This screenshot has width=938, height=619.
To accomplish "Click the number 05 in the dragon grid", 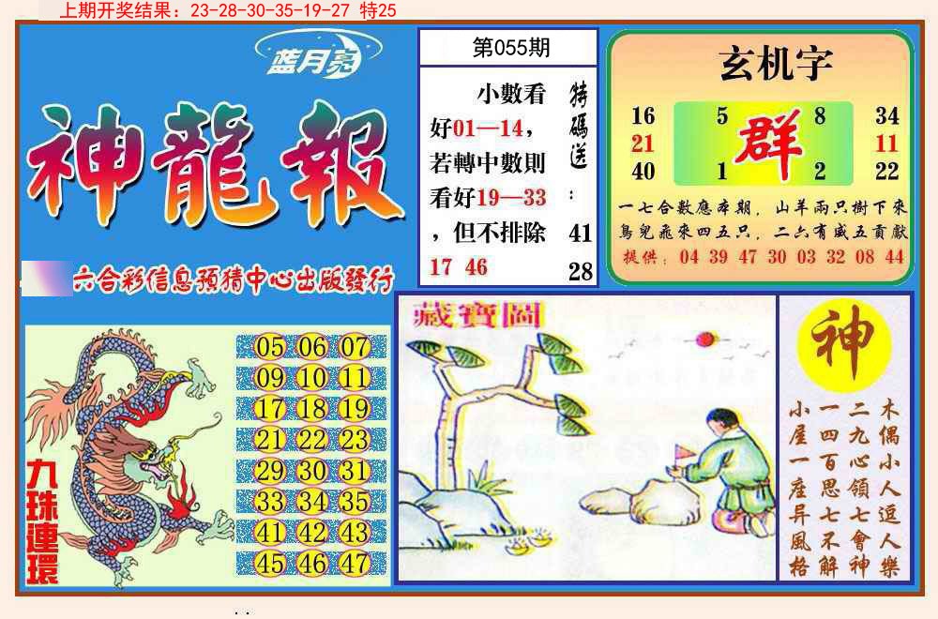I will click(x=269, y=348).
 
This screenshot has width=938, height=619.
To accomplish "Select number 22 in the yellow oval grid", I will click(x=312, y=440).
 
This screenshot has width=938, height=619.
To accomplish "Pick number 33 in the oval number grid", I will click(x=269, y=502).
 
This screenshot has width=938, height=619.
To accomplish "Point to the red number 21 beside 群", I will click(x=643, y=143).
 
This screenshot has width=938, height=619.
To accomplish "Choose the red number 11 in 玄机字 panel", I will click(x=886, y=143).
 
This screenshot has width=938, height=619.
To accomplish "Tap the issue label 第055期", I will click(x=510, y=48).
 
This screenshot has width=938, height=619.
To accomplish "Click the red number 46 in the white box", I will click(x=477, y=267).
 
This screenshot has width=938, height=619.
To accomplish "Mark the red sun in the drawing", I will click(x=703, y=339).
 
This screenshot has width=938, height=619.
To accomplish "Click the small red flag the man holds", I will click(x=682, y=455).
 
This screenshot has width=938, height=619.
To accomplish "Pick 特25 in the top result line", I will click(x=377, y=10).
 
